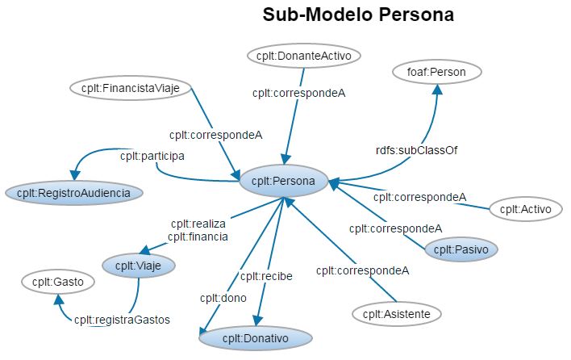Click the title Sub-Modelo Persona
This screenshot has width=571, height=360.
pos(358,15)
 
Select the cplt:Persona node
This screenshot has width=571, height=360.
pos(282,181)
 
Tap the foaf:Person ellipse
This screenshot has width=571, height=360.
pos(436,72)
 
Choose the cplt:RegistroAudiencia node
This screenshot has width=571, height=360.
pos(74,192)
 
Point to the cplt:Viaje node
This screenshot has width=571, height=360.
pos(138,264)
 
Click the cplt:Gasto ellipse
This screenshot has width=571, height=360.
pos(58,282)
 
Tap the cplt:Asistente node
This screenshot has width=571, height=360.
pos(396,313)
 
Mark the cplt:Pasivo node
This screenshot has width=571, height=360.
pos(461,249)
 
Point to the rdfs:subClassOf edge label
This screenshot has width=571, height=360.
pos(417,150)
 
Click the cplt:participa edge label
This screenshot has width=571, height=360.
pos(152,154)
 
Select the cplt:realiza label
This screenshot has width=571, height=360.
pos(198,224)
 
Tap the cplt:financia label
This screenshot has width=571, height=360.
pos(198,237)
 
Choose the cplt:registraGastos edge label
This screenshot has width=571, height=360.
pos(123,319)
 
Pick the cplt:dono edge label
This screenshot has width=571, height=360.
pos(216,298)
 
